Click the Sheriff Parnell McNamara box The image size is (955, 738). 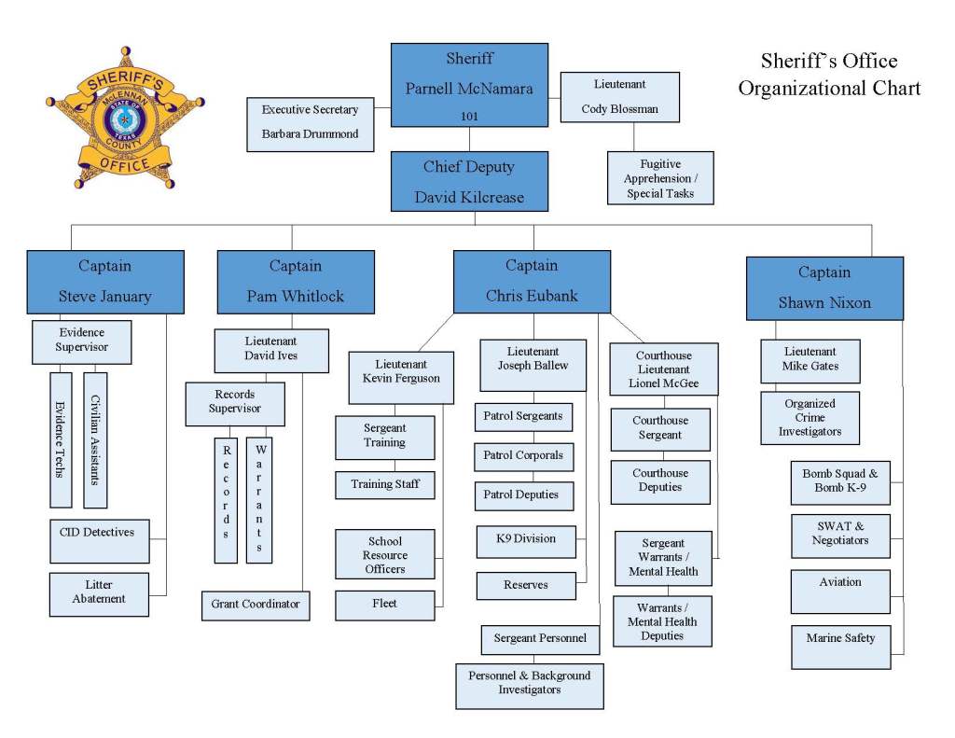tap(469, 84)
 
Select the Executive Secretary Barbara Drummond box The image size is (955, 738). tap(310, 122)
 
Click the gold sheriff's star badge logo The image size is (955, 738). tap(124, 118)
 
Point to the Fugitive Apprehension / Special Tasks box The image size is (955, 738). tap(659, 178)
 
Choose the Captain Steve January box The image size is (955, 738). tap(105, 281)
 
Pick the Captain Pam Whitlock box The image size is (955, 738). tap(296, 281)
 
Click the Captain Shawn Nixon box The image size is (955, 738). tap(824, 287)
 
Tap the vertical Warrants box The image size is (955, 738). tap(259, 499)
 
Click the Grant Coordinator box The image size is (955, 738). tap(256, 605)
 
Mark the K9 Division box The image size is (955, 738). tap(526, 540)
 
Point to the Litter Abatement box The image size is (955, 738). tap(99, 593)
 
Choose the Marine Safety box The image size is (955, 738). tap(840, 641)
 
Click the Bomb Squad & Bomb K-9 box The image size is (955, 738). tap(840, 481)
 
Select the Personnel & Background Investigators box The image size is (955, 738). tap(529, 684)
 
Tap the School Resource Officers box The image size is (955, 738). tap(385, 554)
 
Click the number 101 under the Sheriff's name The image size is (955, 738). tap(469, 116)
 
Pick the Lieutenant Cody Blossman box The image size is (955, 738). tap(619, 97)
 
